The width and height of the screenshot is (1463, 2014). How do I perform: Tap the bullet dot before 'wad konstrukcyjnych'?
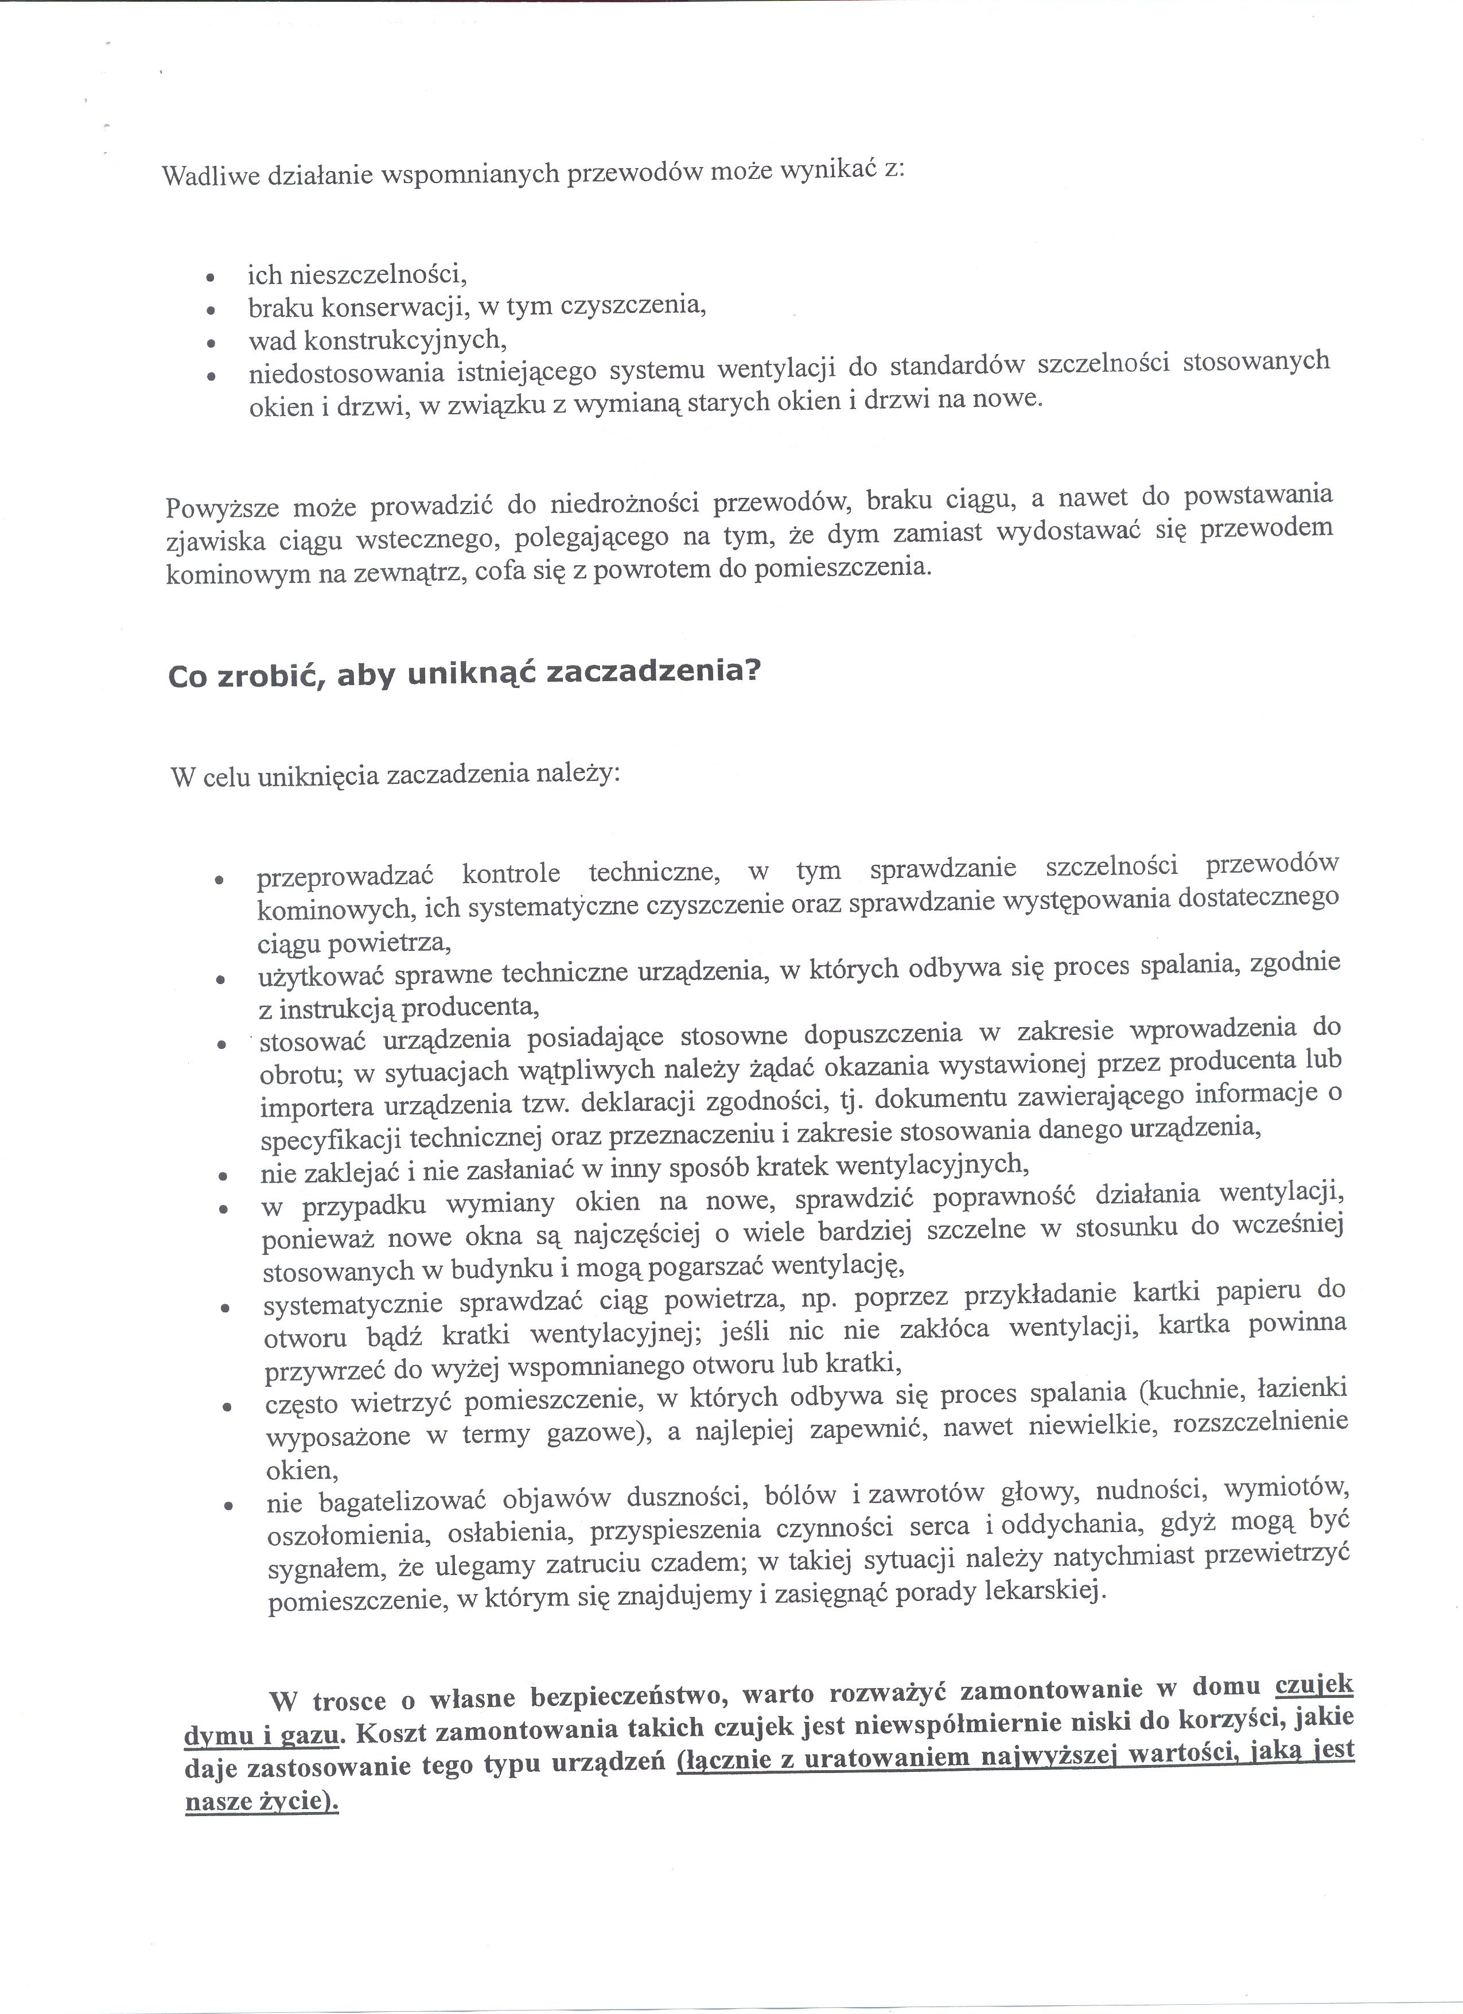[211, 344]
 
